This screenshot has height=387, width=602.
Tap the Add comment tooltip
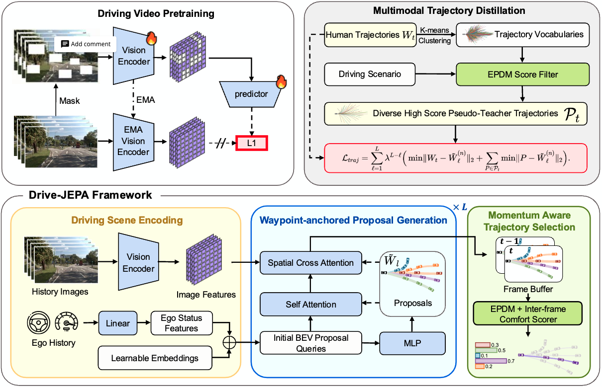(85, 44)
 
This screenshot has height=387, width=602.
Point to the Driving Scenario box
(370, 75)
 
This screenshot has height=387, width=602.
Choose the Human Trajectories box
(370, 35)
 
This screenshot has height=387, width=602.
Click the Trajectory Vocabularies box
(523, 35)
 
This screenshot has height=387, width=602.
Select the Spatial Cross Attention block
(311, 263)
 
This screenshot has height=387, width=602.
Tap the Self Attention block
(311, 304)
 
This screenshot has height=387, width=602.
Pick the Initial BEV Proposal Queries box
(311, 343)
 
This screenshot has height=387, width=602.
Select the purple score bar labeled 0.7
(491, 361)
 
